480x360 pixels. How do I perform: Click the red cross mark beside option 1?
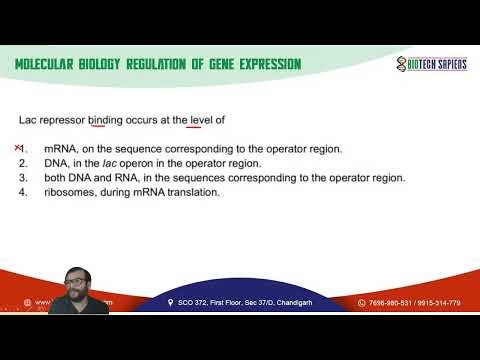pos(18,148)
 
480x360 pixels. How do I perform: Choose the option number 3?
pos(22,178)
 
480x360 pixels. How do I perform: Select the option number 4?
pos(22,192)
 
